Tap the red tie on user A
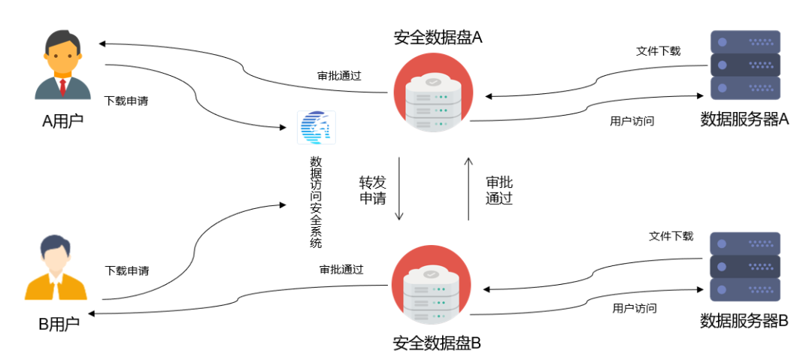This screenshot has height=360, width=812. pyautogui.click(x=62, y=87)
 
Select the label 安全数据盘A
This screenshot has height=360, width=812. pyautogui.click(x=438, y=38)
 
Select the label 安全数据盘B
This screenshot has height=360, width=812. pyautogui.click(x=438, y=343)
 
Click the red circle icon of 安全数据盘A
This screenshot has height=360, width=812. pyautogui.click(x=433, y=92)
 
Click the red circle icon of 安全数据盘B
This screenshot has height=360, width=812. pyautogui.click(x=432, y=285)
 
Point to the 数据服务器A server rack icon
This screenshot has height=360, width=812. pyautogui.click(x=745, y=65)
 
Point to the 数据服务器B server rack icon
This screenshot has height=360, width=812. pyautogui.click(x=745, y=267)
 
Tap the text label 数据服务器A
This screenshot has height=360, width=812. pyautogui.click(x=744, y=119)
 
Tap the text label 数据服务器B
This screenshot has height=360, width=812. pyautogui.click(x=744, y=321)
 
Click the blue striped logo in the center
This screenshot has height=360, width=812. pyautogui.click(x=317, y=128)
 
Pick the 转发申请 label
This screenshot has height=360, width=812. pyautogui.click(x=373, y=190)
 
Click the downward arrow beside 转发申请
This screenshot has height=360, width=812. pyautogui.click(x=399, y=189)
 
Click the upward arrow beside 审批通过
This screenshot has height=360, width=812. pyautogui.click(x=468, y=189)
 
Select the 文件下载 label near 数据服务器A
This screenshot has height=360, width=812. pyautogui.click(x=658, y=51)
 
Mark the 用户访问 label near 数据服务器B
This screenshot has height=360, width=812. pyautogui.click(x=635, y=308)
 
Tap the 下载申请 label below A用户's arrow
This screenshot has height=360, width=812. pyautogui.click(x=126, y=101)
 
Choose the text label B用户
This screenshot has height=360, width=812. pyautogui.click(x=59, y=324)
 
